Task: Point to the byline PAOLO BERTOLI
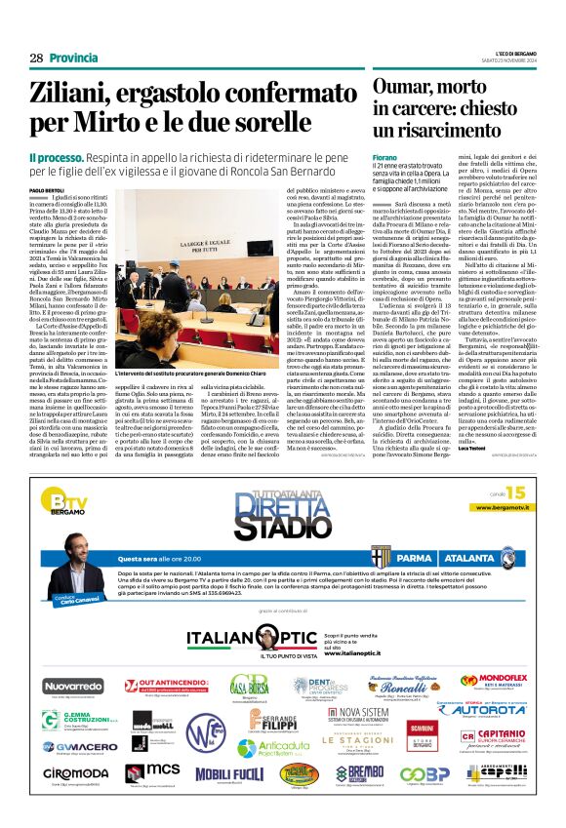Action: tap(47, 189)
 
